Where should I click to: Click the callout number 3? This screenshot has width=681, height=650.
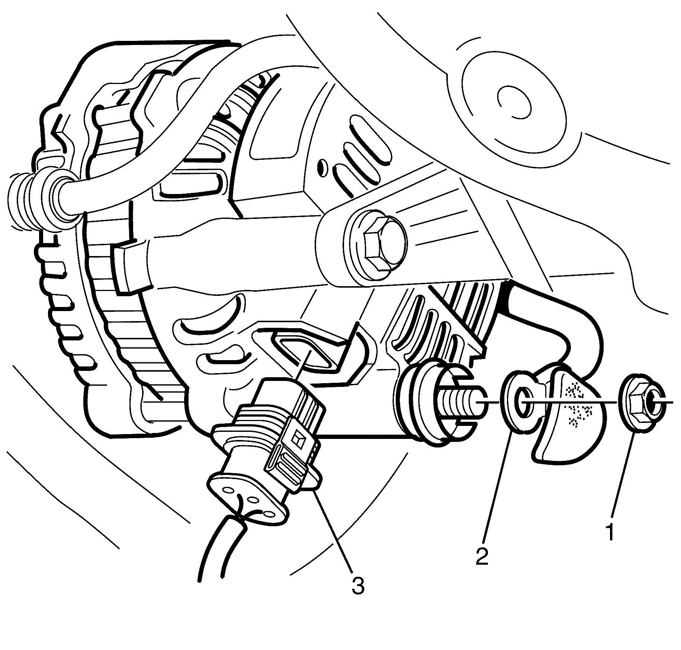[x=357, y=584]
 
